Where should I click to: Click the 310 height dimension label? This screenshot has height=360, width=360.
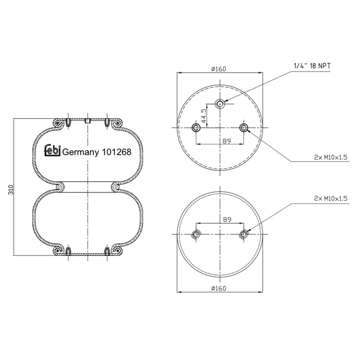[11, 190]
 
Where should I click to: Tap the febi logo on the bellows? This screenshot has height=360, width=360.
[52, 151]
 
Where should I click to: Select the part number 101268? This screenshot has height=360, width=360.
[117, 152]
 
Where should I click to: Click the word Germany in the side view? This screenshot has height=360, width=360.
[81, 152]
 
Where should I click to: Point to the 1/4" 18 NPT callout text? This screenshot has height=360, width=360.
[312, 66]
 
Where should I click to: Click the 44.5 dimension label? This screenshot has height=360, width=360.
[204, 116]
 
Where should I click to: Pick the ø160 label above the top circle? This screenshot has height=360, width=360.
[219, 69]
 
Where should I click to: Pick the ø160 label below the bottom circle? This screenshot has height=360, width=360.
[219, 288]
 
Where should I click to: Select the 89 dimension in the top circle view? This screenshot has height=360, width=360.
[227, 141]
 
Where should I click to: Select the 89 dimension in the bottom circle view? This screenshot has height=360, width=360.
[227, 219]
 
